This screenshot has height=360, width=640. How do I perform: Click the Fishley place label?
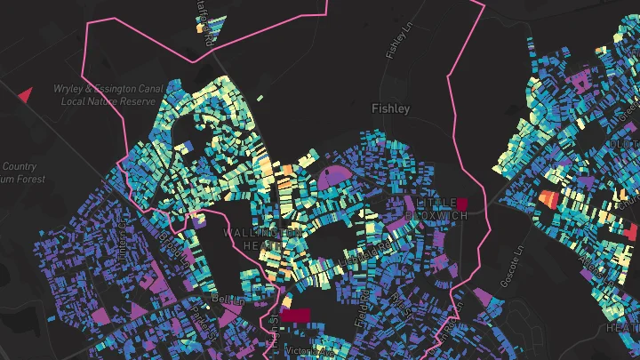(390, 108)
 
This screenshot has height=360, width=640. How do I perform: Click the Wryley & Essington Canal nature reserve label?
(98, 95)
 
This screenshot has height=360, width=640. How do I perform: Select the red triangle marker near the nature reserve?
(25, 93)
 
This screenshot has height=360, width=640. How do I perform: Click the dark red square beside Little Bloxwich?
(461, 204)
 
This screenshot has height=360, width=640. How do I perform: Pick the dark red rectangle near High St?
(296, 315)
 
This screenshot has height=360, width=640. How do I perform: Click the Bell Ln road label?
(227, 300)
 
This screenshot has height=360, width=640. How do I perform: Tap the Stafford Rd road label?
(204, 27)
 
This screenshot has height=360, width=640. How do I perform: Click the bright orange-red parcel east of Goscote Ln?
(547, 197)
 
